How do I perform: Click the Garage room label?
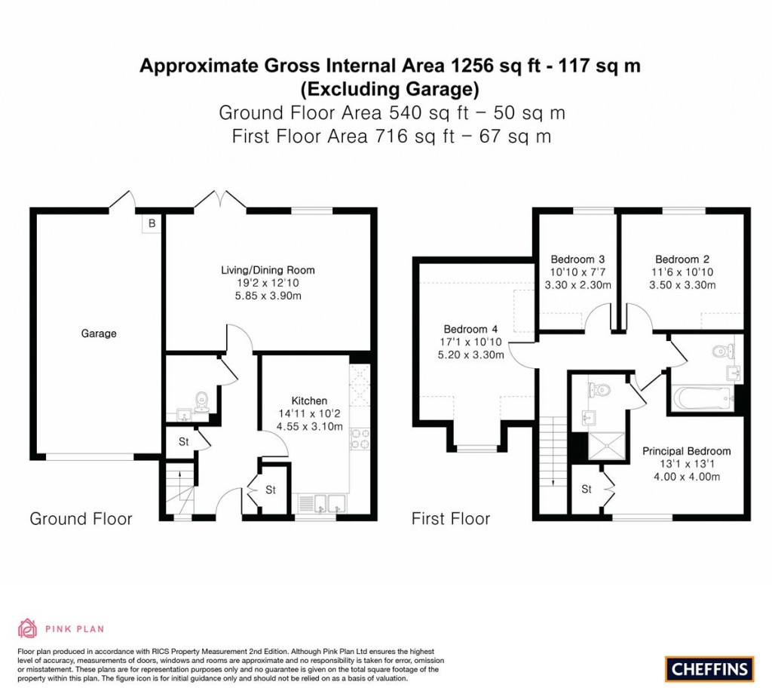[x=99, y=333]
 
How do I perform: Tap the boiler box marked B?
[x=152, y=223]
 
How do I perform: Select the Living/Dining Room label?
[x=268, y=270]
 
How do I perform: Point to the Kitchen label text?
[x=309, y=401]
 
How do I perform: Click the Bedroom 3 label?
[x=577, y=257]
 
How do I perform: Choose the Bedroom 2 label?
[x=682, y=257]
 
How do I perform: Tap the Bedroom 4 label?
[x=470, y=329]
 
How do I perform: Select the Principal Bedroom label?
[x=686, y=451]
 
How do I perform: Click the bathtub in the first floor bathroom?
[x=702, y=398]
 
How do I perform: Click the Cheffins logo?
[x=709, y=668]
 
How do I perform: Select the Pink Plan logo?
[x=60, y=628]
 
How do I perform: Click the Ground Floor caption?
[x=81, y=519]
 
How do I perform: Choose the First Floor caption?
[x=450, y=519]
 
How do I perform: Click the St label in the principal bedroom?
[x=587, y=490]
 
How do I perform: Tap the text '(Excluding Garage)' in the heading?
[x=390, y=90]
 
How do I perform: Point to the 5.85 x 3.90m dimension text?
[x=268, y=296]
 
